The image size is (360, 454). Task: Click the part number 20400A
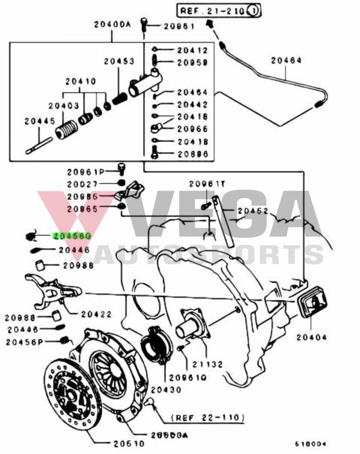113,24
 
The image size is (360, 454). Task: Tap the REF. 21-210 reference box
218,10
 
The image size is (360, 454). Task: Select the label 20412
192,51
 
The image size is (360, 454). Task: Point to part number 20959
192,62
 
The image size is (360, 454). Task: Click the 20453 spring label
118,61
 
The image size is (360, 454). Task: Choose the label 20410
80,82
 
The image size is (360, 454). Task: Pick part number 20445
38,121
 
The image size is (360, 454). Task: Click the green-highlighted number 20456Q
72,236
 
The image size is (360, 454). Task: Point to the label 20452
253,211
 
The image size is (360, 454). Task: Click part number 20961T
203,184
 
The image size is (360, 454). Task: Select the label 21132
209,364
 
